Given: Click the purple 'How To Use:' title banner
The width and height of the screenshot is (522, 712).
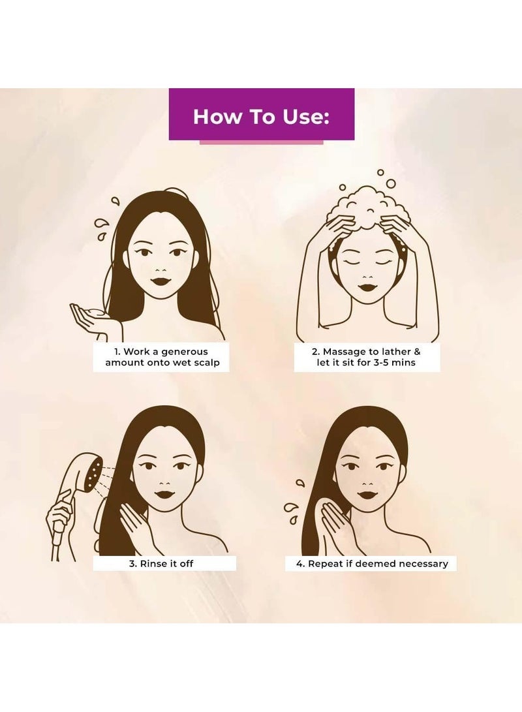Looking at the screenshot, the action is pyautogui.click(x=262, y=114).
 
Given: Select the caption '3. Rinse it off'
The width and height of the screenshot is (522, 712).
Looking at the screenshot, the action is pyautogui.click(x=161, y=563).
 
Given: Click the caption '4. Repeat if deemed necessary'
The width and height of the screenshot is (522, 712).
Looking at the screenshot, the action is pyautogui.click(x=372, y=563).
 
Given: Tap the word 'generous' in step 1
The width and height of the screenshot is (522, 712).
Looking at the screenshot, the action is pyautogui.click(x=184, y=352).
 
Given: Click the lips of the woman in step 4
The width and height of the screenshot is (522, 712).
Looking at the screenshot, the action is pyautogui.click(x=367, y=494).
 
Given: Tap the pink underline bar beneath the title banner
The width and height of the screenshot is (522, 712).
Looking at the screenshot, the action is pyautogui.click(x=262, y=142).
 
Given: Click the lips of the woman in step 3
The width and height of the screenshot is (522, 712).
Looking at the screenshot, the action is pyautogui.click(x=165, y=494).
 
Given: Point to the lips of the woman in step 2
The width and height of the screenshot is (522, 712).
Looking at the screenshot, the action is pyautogui.click(x=367, y=287).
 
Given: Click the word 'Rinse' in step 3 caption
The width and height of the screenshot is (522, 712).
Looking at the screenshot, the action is pyautogui.click(x=153, y=563).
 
